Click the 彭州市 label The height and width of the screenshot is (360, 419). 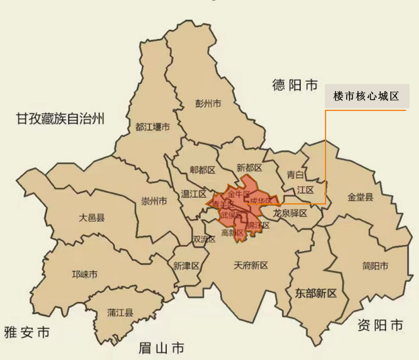208,104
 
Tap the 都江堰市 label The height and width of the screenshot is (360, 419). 152,127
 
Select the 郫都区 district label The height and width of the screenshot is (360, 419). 202,170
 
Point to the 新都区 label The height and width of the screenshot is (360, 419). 249,168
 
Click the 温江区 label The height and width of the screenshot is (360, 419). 193,193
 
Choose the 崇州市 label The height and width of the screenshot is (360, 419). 154,202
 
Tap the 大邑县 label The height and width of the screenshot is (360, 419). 91,218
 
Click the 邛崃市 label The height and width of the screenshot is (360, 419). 84,274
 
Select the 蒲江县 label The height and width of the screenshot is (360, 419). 120,312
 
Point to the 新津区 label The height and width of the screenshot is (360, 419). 186,265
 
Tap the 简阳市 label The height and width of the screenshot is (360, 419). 375,266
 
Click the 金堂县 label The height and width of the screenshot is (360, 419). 360,197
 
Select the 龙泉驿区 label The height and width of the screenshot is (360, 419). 290,213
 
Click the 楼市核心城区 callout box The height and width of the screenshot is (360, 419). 366,97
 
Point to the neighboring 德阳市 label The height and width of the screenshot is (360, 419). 295,86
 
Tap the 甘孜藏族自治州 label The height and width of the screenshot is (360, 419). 61,120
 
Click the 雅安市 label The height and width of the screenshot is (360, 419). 27,333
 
